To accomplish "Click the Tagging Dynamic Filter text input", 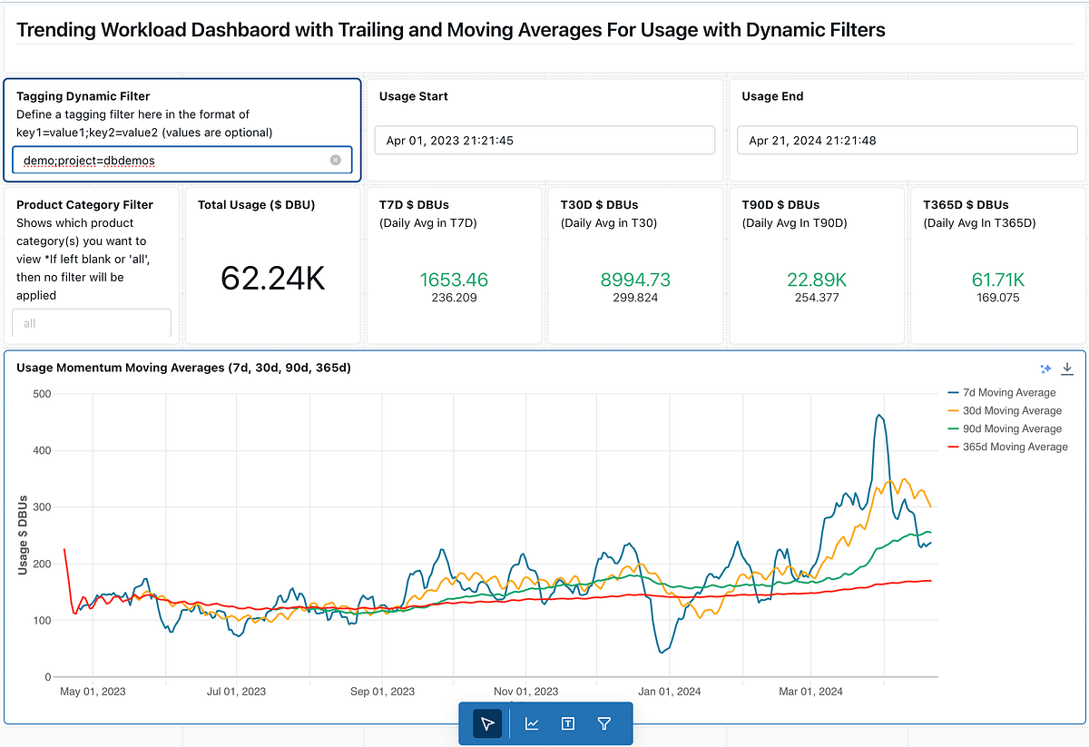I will pos(172,160).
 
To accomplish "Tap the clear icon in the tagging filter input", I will pos(335,160).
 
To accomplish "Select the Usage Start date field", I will pos(544,140).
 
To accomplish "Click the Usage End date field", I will pos(907,140).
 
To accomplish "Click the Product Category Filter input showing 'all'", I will pos(91,323).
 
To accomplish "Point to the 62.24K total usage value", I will pos(272,278).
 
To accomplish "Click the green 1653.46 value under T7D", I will pos(454,280).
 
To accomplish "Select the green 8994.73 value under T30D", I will pos(635,280).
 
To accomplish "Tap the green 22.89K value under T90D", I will pos(817,280).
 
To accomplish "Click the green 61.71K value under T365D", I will pos(997,280).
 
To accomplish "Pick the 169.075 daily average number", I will pos(997,297).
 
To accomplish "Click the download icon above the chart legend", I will pos(1067,368).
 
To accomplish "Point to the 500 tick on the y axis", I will pos(40,394).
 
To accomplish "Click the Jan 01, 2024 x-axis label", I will pos(669,692).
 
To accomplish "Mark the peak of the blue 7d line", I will pos(878,416).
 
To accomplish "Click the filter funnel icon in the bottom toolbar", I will pos(604,723).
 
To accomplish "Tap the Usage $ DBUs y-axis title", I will pos(23,536).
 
